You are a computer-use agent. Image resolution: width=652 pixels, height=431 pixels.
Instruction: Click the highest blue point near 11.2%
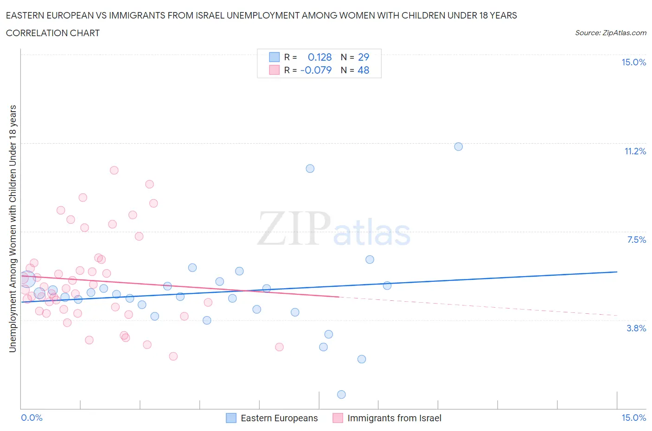(x=458, y=146)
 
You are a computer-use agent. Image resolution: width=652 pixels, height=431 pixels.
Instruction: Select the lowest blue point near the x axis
(x=341, y=394)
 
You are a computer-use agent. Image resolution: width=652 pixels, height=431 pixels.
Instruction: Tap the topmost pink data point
(x=114, y=170)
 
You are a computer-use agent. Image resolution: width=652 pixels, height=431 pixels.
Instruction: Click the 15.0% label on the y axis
(x=633, y=62)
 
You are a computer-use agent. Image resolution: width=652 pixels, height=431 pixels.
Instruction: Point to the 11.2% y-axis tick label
(x=635, y=151)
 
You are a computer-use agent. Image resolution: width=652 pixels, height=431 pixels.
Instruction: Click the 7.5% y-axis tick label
(x=636, y=240)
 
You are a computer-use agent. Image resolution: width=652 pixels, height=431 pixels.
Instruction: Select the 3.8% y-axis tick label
(x=636, y=328)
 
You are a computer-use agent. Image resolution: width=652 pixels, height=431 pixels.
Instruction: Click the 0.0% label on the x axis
(x=32, y=418)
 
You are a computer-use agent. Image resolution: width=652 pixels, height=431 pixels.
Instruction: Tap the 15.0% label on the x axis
(x=633, y=418)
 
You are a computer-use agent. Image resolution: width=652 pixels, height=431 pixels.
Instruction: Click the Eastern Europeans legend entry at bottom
(x=279, y=418)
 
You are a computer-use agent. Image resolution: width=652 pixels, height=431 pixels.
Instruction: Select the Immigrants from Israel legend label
(x=394, y=418)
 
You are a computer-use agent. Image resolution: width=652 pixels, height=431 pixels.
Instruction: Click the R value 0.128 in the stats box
(x=320, y=57)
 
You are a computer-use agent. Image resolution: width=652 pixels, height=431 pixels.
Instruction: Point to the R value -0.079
(x=316, y=70)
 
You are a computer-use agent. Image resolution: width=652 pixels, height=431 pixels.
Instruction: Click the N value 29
(x=364, y=57)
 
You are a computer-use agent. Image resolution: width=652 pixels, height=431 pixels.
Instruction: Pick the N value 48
(x=364, y=70)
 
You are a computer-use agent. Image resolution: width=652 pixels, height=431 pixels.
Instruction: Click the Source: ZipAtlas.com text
(x=610, y=32)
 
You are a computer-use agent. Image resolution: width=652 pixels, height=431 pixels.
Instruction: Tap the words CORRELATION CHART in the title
(x=53, y=33)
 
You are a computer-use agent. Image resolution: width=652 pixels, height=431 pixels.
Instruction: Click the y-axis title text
(x=13, y=228)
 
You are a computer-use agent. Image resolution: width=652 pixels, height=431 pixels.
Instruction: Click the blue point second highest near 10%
(x=310, y=168)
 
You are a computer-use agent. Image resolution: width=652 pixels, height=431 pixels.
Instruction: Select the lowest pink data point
(x=173, y=356)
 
